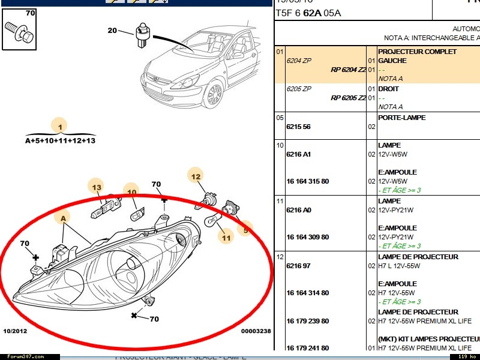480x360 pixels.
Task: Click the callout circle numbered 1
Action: [59, 127]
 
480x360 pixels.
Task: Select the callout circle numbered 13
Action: [96, 187]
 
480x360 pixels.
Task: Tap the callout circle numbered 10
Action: [131, 192]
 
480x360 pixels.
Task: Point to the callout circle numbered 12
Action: [196, 176]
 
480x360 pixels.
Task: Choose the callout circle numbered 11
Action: [226, 238]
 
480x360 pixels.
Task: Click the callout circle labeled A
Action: [62, 219]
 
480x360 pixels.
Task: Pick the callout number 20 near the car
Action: [113, 31]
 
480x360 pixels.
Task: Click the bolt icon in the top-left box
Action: [19, 32]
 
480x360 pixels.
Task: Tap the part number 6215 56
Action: [298, 127]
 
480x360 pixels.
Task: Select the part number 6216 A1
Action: [298, 154]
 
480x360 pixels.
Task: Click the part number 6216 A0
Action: [298, 210]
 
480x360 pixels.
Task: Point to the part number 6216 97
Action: [298, 266]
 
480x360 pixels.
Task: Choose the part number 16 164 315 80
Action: [307, 181]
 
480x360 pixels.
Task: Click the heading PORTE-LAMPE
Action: [401, 118]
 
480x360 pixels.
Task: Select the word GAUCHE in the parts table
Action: [392, 61]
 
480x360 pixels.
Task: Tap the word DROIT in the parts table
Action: [388, 89]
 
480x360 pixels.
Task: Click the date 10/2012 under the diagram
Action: [16, 331]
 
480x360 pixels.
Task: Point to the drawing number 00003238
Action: [256, 331]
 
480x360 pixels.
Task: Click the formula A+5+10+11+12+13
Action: [60, 140]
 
